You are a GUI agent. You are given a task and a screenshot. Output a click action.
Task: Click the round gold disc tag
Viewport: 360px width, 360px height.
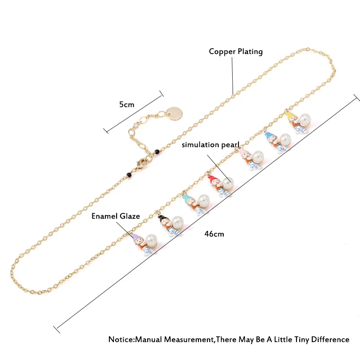pos(174,113)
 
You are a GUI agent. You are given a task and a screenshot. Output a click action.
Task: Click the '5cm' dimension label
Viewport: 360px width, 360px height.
pos(127,104)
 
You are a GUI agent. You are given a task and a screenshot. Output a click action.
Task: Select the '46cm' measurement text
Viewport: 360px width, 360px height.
pos(214,234)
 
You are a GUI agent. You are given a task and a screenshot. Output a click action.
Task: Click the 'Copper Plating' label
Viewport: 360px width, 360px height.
pos(236,51)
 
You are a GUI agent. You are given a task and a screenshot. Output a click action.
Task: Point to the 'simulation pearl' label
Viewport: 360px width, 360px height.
pos(211,144)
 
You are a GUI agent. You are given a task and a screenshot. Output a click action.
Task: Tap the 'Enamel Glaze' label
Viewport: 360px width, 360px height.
pos(116,216)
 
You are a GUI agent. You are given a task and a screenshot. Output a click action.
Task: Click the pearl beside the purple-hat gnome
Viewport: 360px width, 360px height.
pos(151,240)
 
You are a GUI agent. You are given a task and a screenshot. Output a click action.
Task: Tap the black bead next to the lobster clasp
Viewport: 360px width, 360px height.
pos(130,175)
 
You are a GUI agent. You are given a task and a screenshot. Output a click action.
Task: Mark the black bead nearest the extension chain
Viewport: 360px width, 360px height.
pos(157,152)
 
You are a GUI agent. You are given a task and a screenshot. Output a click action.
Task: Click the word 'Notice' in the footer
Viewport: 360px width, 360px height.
pos(121,339)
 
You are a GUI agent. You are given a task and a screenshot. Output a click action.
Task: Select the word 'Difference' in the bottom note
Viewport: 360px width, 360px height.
pos(330,339)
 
